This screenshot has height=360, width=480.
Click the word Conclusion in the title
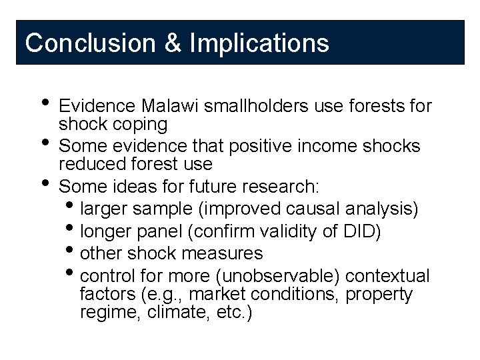pyautogui.click(x=89, y=43)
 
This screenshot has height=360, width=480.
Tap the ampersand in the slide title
pyautogui.click(x=171, y=43)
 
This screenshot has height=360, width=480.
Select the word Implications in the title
pyautogui.click(x=259, y=43)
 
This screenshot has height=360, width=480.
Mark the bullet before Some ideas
pyautogui.click(x=44, y=183)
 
